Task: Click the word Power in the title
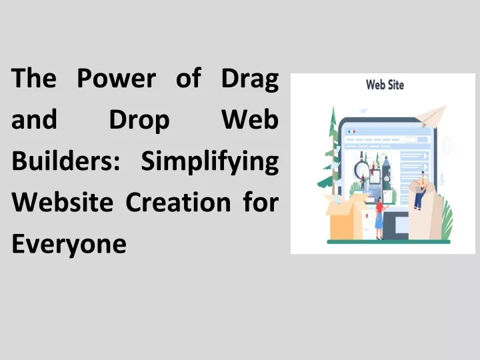[117, 78]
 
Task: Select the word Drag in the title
[250, 79]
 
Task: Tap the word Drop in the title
[139, 120]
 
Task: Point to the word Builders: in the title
[65, 161]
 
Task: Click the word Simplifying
[210, 162]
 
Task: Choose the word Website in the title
[63, 202]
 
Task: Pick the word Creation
[178, 202]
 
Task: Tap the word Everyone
[69, 244]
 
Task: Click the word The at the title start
[34, 78]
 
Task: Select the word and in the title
[34, 119]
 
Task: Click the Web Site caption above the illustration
[385, 85]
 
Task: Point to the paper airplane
[431, 116]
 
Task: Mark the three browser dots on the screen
[351, 131]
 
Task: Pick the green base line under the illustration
[389, 241]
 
